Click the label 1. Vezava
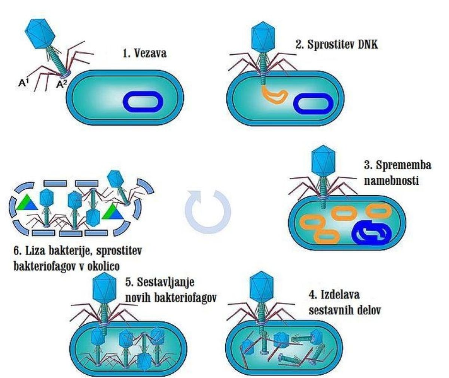point(144,53)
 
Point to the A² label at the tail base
point(62,85)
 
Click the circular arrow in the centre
point(208,211)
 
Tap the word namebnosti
point(391,181)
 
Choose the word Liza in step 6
point(37,250)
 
